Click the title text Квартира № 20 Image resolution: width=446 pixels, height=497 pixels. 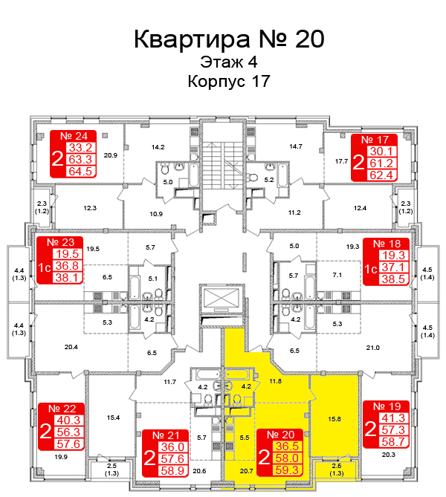(x=229, y=39)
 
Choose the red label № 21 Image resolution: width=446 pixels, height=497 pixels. (x=167, y=435)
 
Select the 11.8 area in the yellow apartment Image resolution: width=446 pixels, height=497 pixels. (x=275, y=381)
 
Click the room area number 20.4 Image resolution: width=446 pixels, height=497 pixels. (x=71, y=347)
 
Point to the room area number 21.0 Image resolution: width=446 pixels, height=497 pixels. (x=372, y=348)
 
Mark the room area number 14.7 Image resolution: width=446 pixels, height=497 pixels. (x=296, y=147)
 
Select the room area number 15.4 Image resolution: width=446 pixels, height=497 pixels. (x=113, y=418)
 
